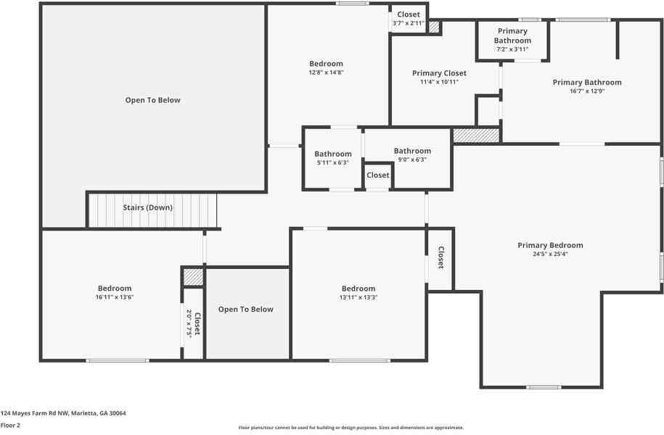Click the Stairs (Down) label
pos(147,207)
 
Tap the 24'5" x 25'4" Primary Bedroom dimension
pos(550,254)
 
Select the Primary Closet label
pos(439,73)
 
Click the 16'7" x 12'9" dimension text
pos(587,91)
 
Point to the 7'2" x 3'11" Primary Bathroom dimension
pos(512,49)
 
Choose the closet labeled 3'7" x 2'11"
pos(408,23)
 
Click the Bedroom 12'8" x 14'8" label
pos(326,64)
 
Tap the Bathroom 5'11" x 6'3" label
pos(333,154)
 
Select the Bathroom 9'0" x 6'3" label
pos(412,151)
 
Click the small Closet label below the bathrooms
pos(377,175)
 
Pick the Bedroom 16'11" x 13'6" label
pos(115,289)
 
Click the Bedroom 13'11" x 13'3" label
pos(358,289)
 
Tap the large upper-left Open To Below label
pos(152,100)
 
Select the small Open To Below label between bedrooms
pos(246,310)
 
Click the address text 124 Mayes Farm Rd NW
pos(63,413)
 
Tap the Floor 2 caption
pos(10,426)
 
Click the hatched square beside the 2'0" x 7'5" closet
pos(192,277)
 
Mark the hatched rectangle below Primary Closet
pos(476,135)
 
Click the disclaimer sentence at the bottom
pos(351,428)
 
